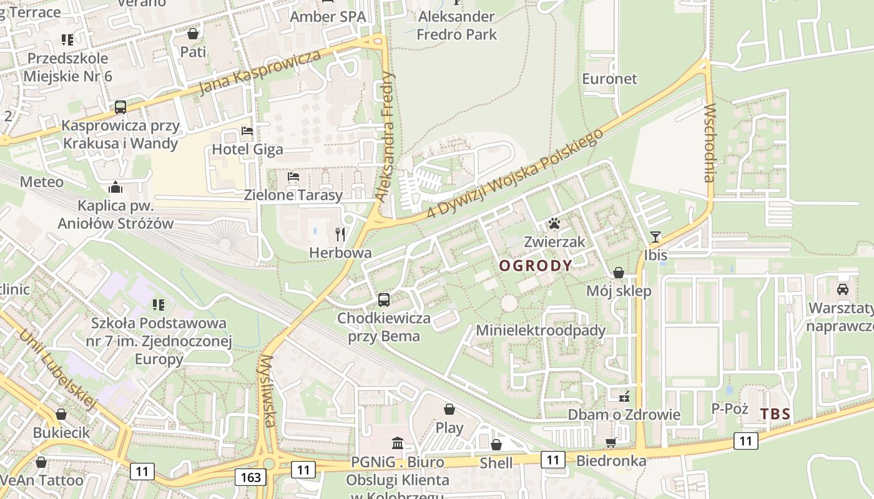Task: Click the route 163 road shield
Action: click(251, 477)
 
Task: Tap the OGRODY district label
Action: click(536, 266)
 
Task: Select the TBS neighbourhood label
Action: click(775, 414)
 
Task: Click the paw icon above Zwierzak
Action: click(554, 223)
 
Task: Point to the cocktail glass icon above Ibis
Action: click(655, 237)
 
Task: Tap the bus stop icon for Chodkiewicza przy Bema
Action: click(384, 300)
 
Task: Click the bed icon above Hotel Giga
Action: click(247, 131)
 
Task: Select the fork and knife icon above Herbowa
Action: click(340, 235)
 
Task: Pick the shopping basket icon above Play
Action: click(449, 409)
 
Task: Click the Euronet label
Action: click(609, 79)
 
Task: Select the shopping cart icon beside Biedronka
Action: click(611, 442)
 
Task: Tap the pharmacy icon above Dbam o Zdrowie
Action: click(624, 396)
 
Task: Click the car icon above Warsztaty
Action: click(842, 289)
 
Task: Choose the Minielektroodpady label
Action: click(541, 330)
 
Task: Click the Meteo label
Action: click(42, 182)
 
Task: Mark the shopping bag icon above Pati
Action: click(193, 34)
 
